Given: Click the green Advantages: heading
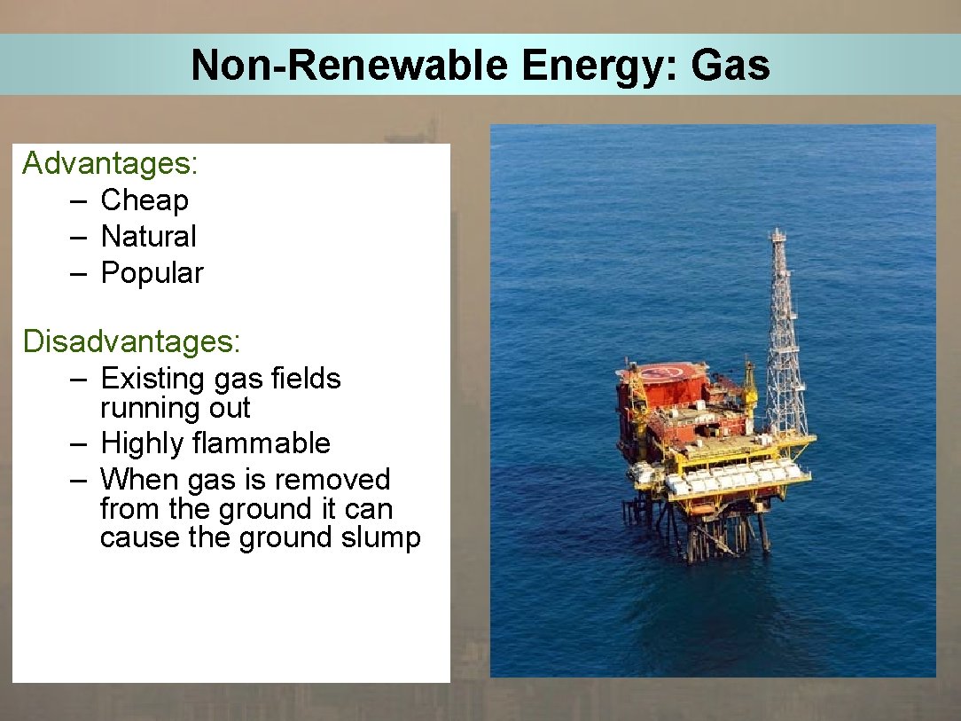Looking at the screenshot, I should [110, 163].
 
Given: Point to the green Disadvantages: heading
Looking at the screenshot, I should [132, 341].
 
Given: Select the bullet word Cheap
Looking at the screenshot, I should [145, 200].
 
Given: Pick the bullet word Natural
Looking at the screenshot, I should [148, 237].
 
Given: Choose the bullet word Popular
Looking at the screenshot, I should [152, 273].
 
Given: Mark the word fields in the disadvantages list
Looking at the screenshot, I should [305, 379].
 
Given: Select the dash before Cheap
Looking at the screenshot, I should [79, 201].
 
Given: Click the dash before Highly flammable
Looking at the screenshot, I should [79, 443].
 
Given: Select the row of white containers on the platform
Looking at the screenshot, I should [736, 478].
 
